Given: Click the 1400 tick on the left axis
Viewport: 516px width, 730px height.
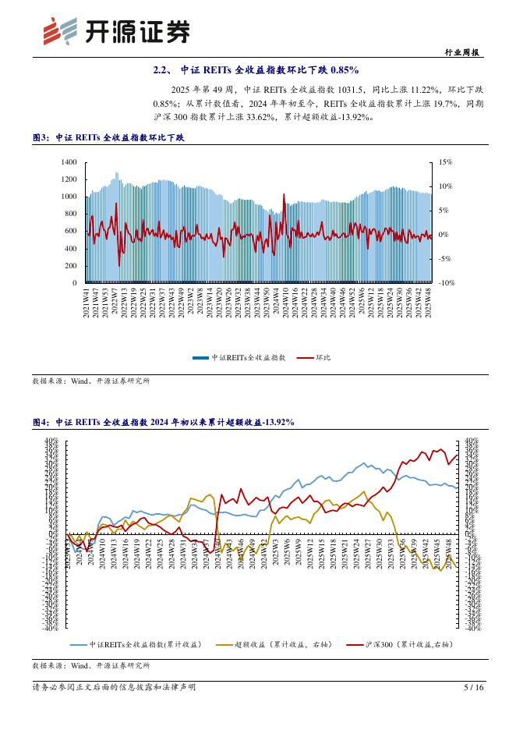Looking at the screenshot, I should pyautogui.click(x=69, y=162).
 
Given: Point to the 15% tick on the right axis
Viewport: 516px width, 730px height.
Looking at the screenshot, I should pyautogui.click(x=445, y=162).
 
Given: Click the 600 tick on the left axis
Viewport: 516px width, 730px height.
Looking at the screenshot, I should pyautogui.click(x=70, y=231).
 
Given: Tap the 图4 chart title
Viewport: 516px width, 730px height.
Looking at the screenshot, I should pyautogui.click(x=163, y=422).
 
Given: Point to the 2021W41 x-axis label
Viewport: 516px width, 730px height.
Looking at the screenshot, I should pyautogui.click(x=87, y=301).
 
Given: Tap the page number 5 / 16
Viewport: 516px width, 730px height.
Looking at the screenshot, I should pyautogui.click(x=474, y=687).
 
